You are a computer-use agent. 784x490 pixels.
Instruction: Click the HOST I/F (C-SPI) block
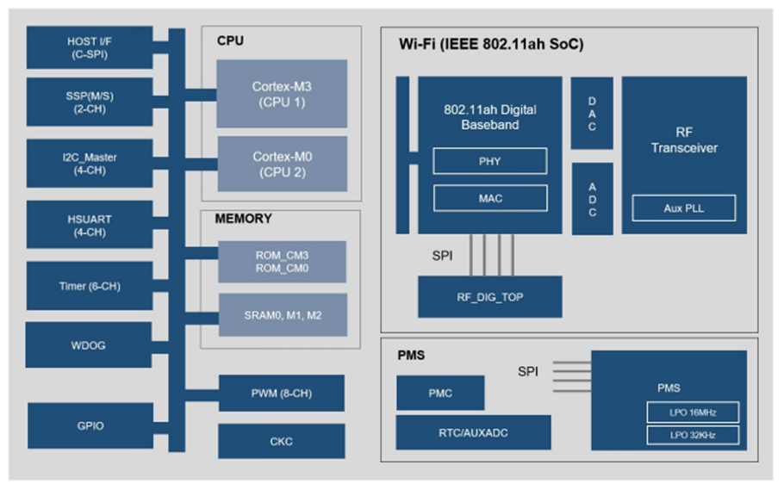point(89,47)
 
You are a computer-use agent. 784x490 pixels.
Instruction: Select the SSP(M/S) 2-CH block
point(89,102)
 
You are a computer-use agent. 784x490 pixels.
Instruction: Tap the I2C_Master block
point(89,164)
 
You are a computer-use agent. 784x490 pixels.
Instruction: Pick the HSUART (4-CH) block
point(89,225)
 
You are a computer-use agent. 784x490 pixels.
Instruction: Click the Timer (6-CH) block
point(89,286)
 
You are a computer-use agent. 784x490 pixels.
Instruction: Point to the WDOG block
point(89,345)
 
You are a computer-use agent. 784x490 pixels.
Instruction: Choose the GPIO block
point(89,425)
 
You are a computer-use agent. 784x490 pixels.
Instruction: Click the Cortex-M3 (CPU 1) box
point(282,93)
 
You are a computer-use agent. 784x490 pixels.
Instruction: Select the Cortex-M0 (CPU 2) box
point(282,164)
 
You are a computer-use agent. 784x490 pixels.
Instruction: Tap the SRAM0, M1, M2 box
point(282,315)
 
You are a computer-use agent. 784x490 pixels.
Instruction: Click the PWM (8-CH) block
point(281,393)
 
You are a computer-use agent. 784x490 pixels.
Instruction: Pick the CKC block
point(281,441)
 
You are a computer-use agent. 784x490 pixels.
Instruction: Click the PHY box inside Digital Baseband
point(489,161)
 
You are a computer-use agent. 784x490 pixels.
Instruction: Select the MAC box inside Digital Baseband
point(489,198)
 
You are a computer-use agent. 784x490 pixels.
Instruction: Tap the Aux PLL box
point(684,208)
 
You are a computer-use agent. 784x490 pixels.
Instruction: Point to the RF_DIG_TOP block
point(489,297)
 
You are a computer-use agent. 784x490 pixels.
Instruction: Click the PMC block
point(440,393)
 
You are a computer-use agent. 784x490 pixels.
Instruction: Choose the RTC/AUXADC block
point(473,432)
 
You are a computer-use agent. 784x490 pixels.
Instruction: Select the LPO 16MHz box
point(694,412)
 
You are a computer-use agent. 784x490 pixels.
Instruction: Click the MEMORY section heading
point(243,219)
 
